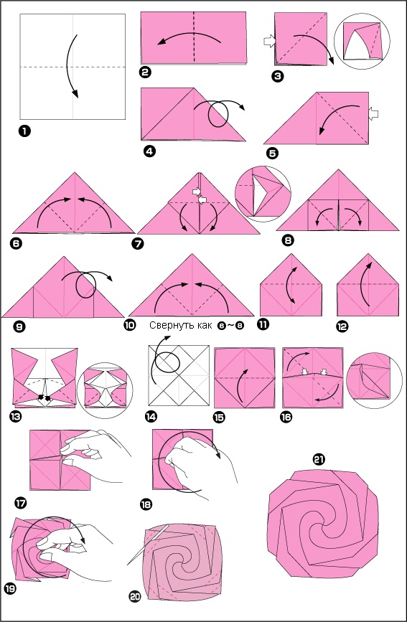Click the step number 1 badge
click(24, 131)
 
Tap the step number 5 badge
click(271, 153)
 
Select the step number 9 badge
click(18, 327)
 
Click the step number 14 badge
click(151, 417)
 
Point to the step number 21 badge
click(319, 459)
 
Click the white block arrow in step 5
click(373, 114)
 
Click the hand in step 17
click(95, 456)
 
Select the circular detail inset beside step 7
click(263, 194)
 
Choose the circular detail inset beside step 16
click(374, 380)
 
